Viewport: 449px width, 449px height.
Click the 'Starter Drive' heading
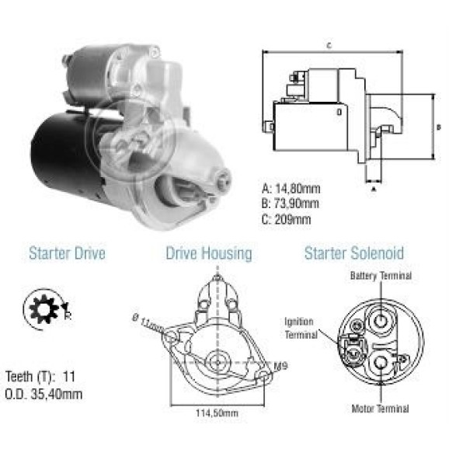68,253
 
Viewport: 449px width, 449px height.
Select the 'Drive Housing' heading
209,254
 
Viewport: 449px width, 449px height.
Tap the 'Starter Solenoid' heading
354,253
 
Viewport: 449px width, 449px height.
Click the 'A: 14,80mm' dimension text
291,189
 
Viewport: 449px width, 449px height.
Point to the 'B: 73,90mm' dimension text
290,204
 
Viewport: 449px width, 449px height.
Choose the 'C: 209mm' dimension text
286,219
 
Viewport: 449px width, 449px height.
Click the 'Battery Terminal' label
381,276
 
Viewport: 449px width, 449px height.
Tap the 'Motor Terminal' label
380,409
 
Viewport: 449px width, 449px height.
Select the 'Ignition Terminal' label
301,328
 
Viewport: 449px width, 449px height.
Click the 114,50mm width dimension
217,413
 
